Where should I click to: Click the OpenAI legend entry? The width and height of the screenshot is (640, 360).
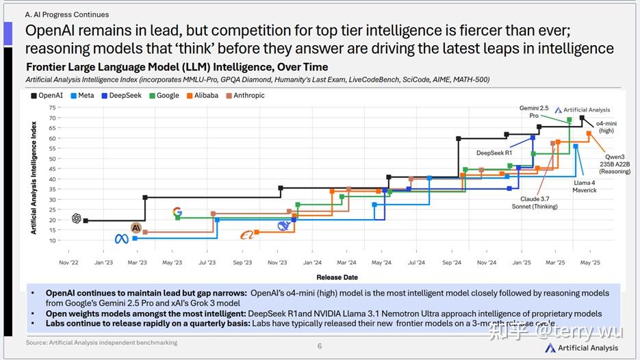(46, 96)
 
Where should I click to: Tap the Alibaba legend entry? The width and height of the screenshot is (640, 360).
(201, 96)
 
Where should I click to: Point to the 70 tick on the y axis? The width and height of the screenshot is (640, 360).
(52, 118)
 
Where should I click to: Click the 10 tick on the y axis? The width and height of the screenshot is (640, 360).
(52, 241)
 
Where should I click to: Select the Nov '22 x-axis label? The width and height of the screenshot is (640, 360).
(68, 262)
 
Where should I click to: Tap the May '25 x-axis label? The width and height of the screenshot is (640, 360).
(590, 262)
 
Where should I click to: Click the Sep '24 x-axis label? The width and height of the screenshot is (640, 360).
(452, 262)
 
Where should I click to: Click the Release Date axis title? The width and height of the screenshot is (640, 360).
(337, 277)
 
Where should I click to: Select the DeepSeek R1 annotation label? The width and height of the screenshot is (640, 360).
(494, 153)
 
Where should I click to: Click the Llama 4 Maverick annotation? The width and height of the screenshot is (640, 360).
(585, 186)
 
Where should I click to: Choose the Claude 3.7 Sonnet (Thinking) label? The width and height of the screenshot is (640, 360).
(530, 202)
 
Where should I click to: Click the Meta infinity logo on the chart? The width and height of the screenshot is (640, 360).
(121, 239)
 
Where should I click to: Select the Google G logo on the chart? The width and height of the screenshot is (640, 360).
(177, 213)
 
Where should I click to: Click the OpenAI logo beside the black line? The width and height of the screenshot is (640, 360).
(77, 219)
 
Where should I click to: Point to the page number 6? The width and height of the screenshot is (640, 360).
(320, 346)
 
